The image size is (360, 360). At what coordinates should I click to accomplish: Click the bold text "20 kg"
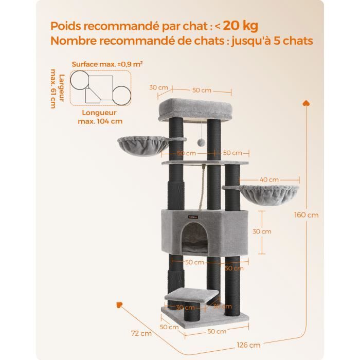(240, 26)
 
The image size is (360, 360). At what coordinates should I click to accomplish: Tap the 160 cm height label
(307, 215)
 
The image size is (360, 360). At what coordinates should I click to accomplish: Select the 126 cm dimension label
(248, 345)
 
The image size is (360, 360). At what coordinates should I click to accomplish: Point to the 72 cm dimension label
(141, 333)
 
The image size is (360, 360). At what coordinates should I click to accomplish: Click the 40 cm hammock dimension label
(269, 179)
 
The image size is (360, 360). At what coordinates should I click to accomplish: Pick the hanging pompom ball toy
(201, 143)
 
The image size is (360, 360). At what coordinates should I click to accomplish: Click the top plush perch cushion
(195, 109)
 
